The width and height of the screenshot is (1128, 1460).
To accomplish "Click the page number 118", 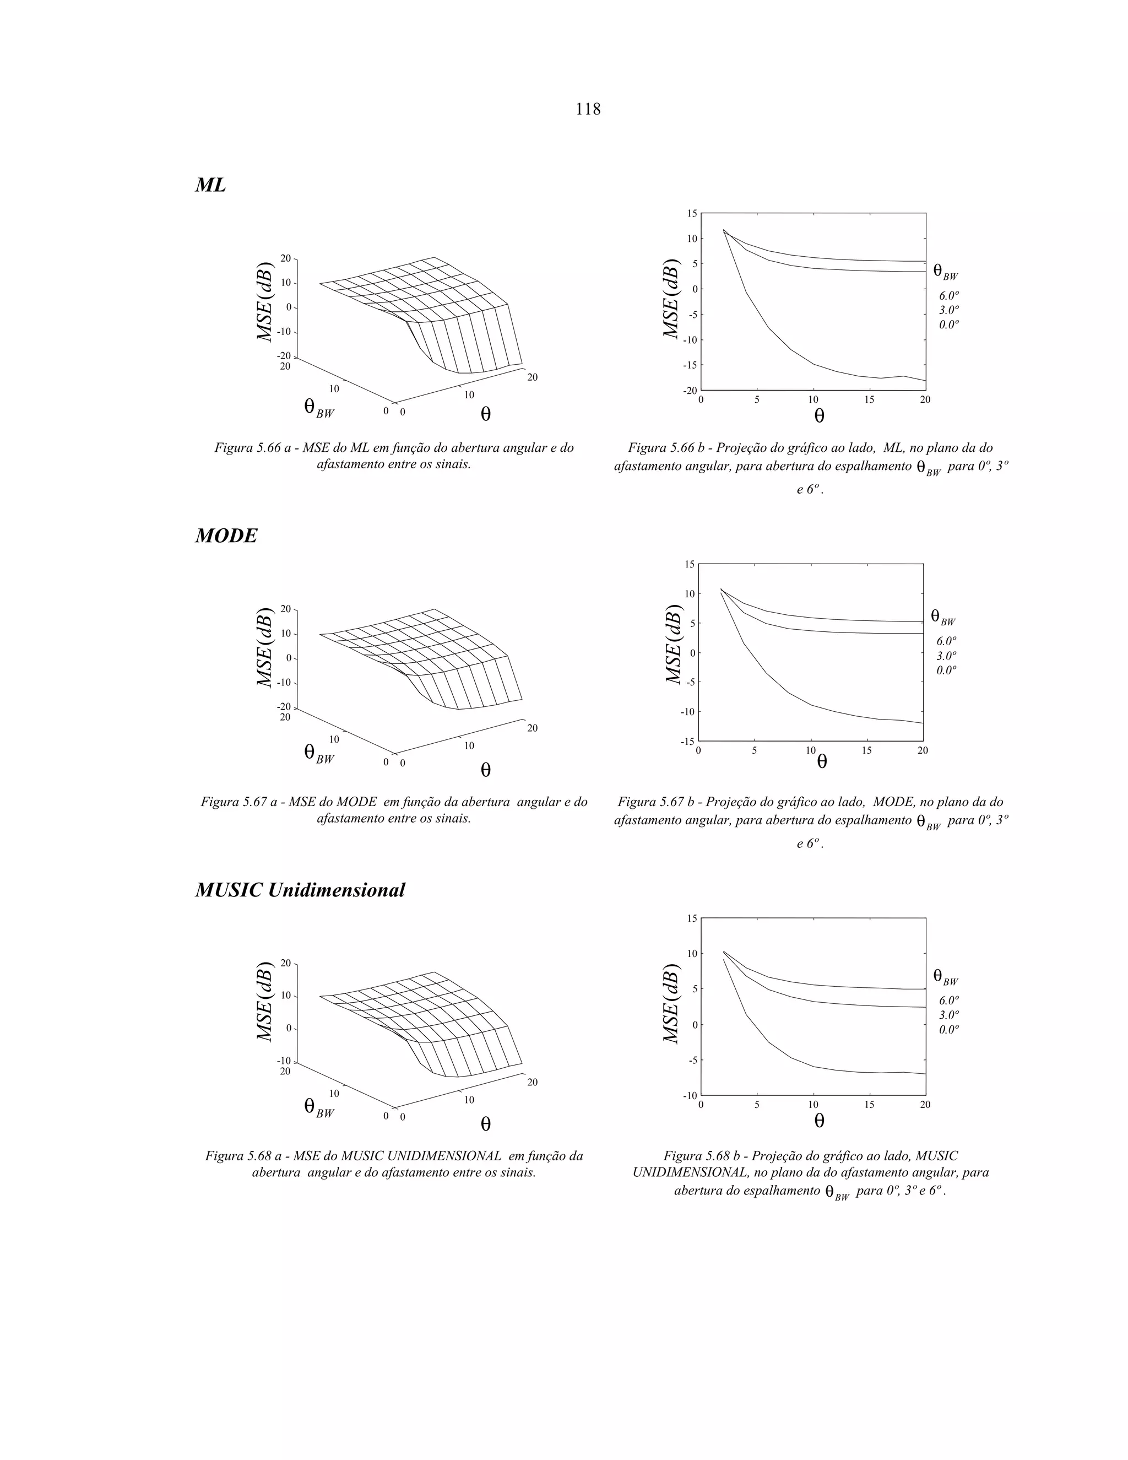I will (x=588, y=109).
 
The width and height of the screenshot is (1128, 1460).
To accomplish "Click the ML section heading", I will (x=210, y=185).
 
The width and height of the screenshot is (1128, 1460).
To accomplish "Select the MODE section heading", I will (x=226, y=536).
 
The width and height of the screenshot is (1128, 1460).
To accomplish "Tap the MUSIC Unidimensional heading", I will (x=300, y=890).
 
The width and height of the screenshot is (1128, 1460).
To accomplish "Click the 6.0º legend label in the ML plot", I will (x=949, y=295).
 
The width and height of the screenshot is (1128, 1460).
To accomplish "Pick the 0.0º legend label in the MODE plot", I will (x=946, y=670).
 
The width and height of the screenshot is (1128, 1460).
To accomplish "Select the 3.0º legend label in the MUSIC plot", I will (x=949, y=1015).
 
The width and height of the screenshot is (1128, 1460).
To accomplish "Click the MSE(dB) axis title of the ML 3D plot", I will (x=265, y=301).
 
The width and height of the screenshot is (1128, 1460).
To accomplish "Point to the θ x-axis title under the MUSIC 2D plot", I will (x=819, y=1121).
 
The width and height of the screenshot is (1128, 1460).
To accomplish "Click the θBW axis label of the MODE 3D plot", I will (x=319, y=753).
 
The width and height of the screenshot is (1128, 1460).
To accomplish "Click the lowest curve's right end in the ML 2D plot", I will (x=924, y=380).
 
